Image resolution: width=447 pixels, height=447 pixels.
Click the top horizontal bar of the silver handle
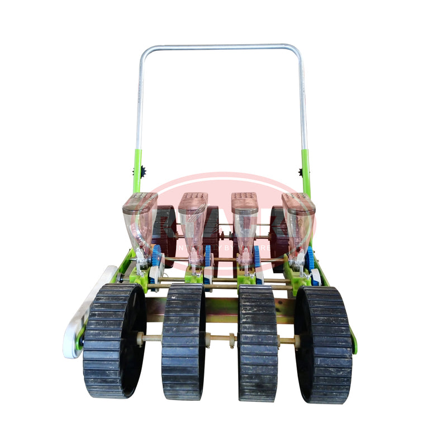tap(220, 47)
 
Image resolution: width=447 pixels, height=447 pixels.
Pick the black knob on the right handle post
tap(309, 173)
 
